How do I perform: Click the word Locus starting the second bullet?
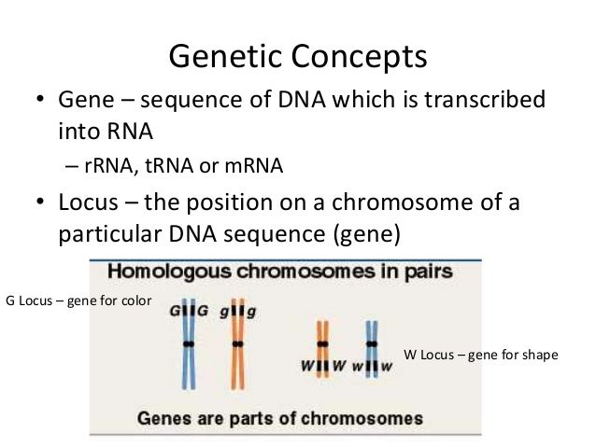coord(89,204)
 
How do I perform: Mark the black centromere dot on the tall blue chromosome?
coord(189,343)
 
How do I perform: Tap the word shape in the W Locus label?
coord(536,354)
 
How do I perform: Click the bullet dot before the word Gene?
coord(40,102)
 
